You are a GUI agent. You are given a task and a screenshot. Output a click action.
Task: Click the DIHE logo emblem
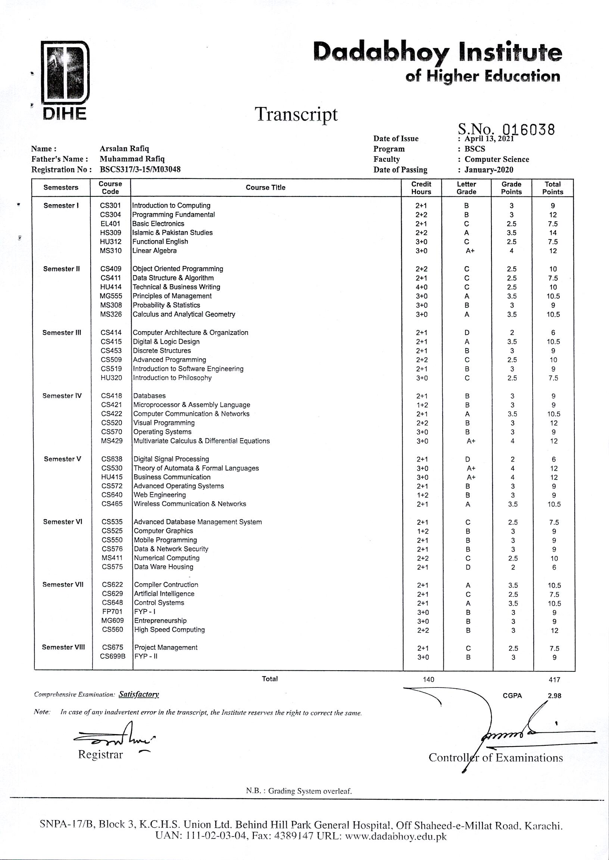point(65,73)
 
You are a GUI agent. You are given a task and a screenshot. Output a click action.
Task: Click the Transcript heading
point(296,114)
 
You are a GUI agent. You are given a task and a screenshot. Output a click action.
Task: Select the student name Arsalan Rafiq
point(124,149)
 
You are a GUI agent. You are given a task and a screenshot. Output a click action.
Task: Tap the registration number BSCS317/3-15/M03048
point(140,169)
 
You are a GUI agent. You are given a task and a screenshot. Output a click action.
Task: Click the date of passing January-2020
point(488,170)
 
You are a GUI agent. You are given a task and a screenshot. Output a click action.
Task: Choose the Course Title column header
point(265,187)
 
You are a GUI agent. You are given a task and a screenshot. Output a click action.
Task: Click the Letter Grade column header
point(466,187)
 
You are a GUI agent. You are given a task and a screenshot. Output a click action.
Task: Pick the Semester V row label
point(62,459)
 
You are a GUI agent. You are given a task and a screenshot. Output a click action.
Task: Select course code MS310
point(110,251)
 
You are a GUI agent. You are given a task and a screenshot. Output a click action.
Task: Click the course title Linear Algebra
point(154,251)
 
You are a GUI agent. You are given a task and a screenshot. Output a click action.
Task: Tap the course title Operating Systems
point(162,432)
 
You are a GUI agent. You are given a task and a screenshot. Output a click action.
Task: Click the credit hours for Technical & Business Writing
point(422,287)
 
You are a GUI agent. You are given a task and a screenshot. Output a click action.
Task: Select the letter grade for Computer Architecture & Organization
point(467,332)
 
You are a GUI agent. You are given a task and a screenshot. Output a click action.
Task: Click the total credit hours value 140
point(428,680)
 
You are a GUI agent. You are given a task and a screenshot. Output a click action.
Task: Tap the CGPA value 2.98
point(554,696)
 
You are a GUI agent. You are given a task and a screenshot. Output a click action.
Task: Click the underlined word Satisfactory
point(139,694)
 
